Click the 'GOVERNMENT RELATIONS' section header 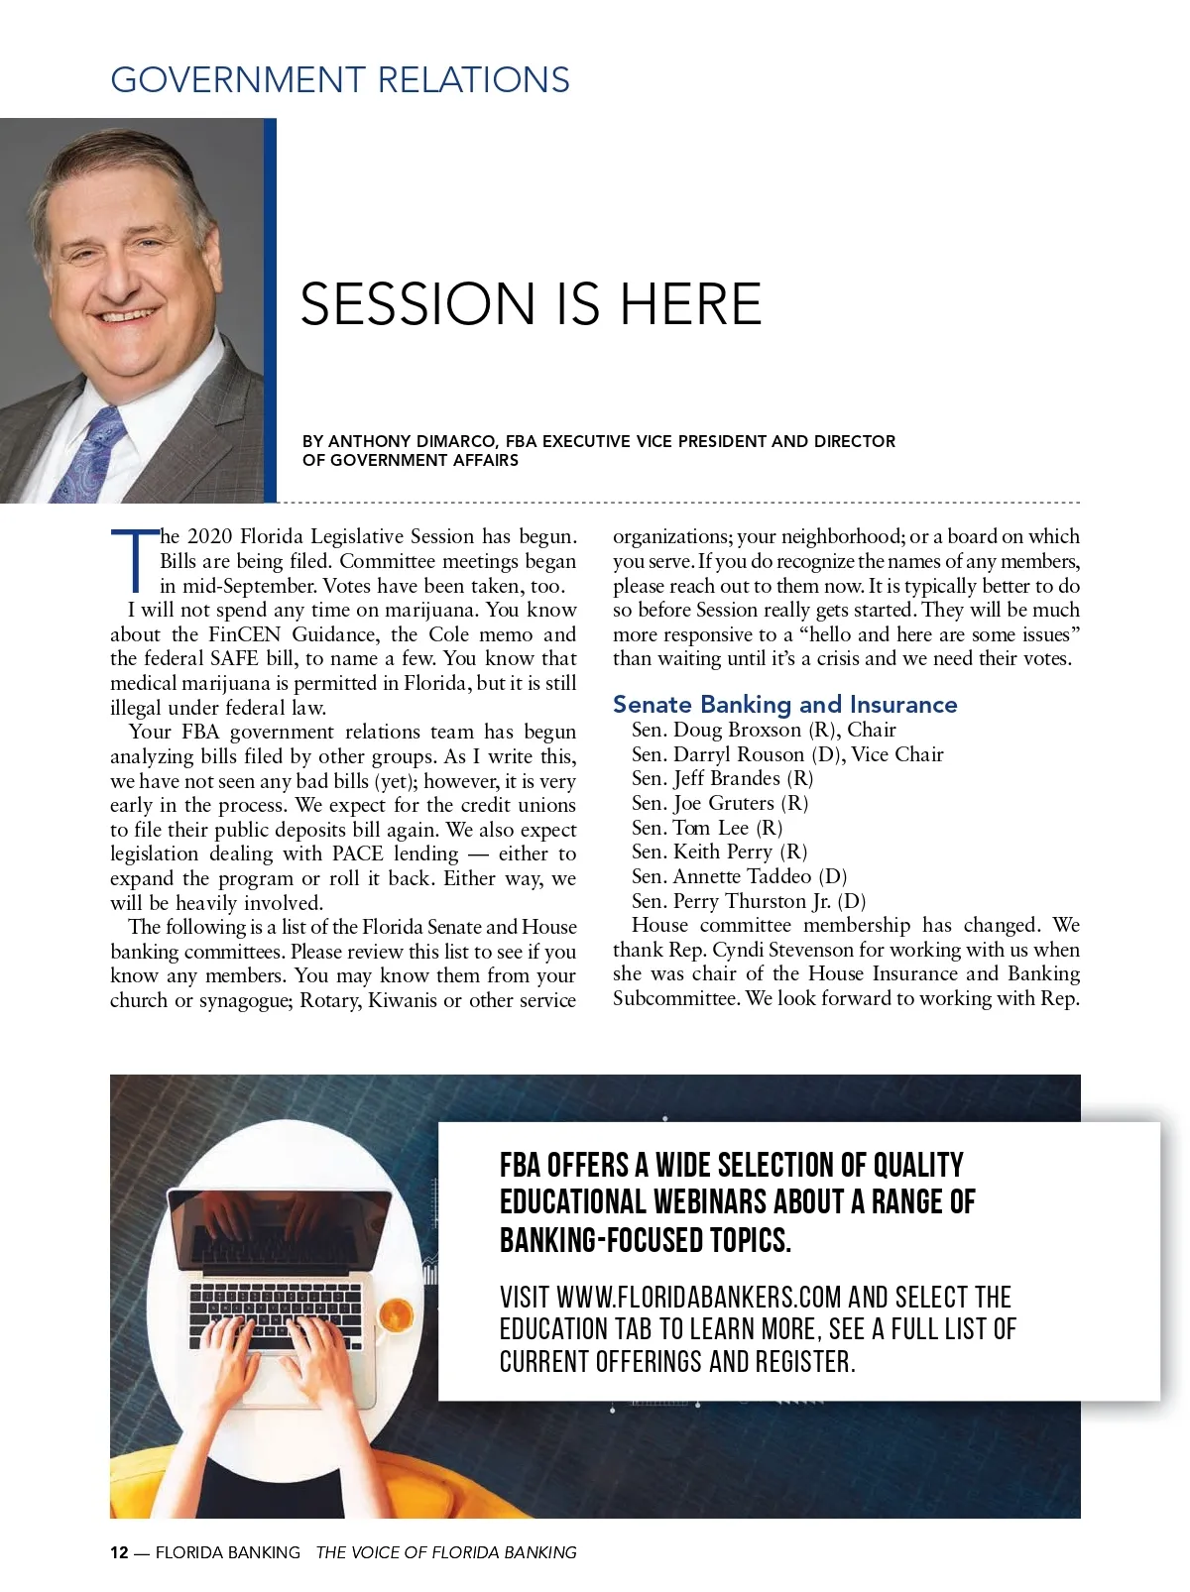340,80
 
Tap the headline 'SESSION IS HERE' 531,303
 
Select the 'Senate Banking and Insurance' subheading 784,705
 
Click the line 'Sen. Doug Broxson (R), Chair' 764,731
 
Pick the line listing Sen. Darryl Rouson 787,754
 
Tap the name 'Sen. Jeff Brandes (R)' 722,779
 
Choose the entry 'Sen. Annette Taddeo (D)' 739,876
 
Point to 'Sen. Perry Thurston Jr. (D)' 749,901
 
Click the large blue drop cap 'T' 133,560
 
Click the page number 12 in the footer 119,1552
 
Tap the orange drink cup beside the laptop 396,1315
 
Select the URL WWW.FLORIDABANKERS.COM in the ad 698,1298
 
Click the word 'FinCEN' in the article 244,634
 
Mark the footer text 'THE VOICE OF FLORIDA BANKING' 446,1552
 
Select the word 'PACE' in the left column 357,854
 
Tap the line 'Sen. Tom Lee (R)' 707,828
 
